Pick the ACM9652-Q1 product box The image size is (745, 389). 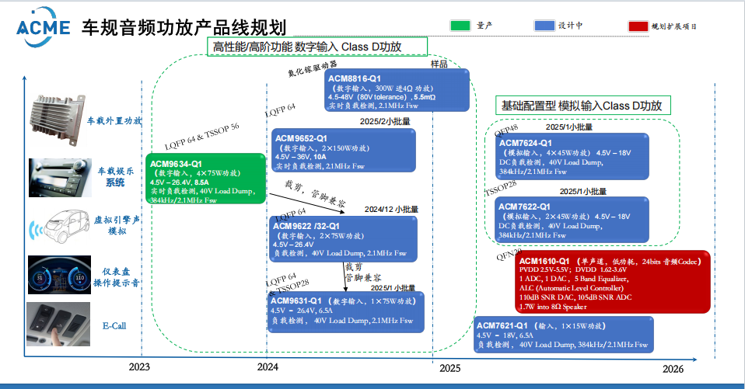pyautogui.click(x=343, y=152)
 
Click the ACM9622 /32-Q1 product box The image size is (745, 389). pyautogui.click(x=343, y=238)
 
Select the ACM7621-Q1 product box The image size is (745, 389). pyautogui.click(x=563, y=335)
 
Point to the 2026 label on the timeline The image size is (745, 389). pyautogui.click(x=673, y=369)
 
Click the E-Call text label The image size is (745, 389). pyautogui.click(x=113, y=326)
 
